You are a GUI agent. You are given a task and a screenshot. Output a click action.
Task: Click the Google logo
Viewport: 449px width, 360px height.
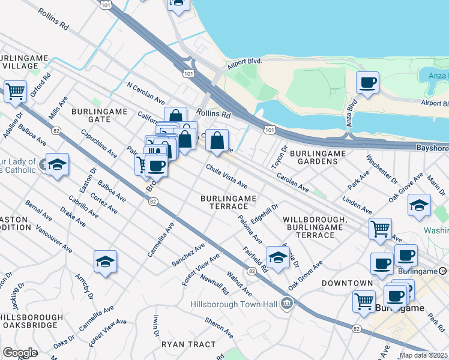[20, 352]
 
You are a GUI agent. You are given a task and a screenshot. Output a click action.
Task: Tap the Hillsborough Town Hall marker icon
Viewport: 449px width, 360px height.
[288, 304]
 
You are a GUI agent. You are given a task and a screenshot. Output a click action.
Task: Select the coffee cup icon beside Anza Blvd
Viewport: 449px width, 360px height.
[367, 83]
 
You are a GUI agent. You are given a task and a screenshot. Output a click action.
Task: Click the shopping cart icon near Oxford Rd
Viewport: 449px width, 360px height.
[15, 92]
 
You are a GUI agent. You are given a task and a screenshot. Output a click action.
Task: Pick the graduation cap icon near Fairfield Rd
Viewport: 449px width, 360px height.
[278, 257]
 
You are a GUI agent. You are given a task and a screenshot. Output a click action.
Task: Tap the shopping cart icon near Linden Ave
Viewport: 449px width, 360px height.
[380, 229]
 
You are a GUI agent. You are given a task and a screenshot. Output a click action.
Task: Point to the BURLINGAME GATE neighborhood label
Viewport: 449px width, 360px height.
[91, 115]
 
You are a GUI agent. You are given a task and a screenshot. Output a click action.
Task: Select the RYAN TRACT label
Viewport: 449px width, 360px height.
[188, 344]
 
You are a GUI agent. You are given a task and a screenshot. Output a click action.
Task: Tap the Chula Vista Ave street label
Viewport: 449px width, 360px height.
[227, 175]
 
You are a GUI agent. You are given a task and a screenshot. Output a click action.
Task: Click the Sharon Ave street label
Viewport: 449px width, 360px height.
[218, 328]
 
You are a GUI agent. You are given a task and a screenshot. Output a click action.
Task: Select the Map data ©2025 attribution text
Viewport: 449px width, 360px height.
[423, 355]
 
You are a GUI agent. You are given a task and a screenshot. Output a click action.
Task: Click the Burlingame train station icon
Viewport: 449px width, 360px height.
[443, 271]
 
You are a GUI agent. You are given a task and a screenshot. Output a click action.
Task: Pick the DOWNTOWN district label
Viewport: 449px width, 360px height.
[347, 283]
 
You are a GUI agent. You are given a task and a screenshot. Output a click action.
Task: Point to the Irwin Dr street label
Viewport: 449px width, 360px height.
[155, 325]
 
